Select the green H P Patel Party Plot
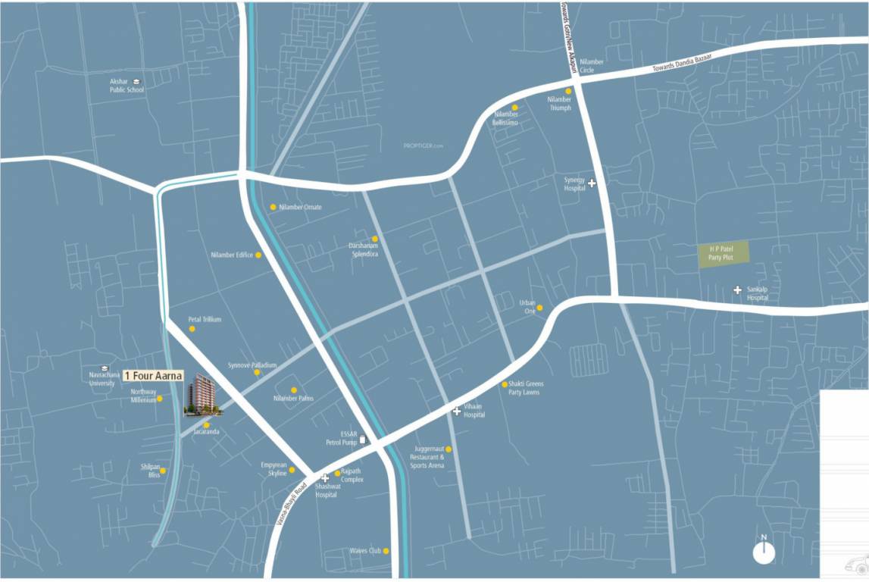(x=723, y=252)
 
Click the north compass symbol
(x=764, y=552)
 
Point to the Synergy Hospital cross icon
(x=592, y=183)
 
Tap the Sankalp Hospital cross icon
(x=737, y=289)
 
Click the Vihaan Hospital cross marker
(x=456, y=411)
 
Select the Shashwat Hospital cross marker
(x=325, y=478)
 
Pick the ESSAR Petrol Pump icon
(x=362, y=439)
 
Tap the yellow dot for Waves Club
(x=386, y=551)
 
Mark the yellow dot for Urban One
(x=539, y=308)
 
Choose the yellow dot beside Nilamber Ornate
(x=273, y=207)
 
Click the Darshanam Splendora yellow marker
(x=374, y=239)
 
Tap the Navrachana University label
(x=103, y=378)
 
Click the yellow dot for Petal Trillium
(x=192, y=329)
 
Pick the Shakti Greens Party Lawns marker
(x=505, y=384)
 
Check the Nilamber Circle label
(x=591, y=65)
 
